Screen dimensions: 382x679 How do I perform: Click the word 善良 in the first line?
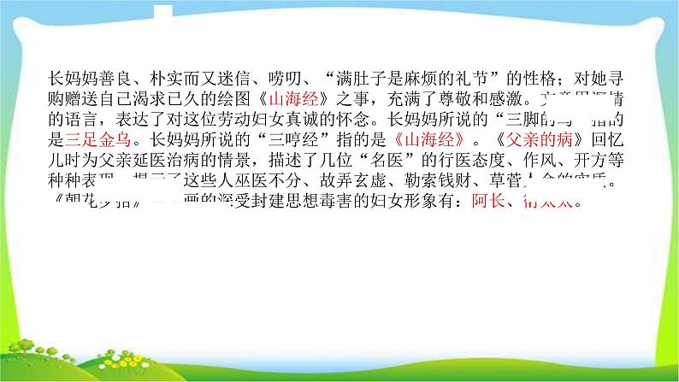pyautogui.click(x=113, y=76)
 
